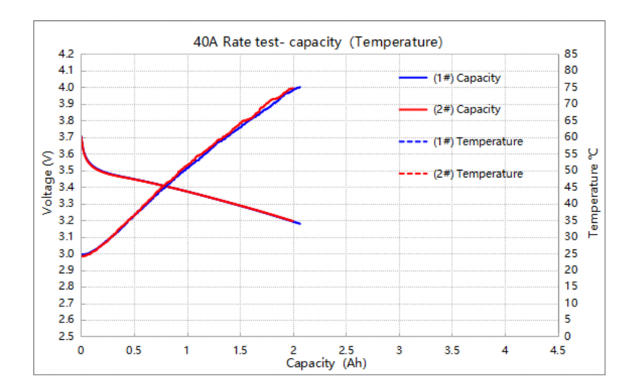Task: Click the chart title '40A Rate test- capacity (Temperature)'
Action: point(318,42)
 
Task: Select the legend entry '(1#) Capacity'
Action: point(467,78)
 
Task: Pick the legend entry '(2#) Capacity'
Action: point(467,110)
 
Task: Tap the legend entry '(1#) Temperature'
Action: point(477,142)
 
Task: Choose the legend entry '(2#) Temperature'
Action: point(477,174)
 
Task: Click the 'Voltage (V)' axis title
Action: point(48,187)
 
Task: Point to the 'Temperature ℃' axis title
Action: point(594,192)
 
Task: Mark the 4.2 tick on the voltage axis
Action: point(67,54)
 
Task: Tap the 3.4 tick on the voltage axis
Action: point(67,187)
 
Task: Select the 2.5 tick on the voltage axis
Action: point(67,337)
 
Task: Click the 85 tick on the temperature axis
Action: point(570,54)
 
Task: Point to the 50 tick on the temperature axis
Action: point(570,171)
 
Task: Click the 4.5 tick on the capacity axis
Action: point(558,350)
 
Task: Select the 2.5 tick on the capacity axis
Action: point(346,350)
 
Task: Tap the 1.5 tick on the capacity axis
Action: point(240,350)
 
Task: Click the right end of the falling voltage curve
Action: point(300,224)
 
